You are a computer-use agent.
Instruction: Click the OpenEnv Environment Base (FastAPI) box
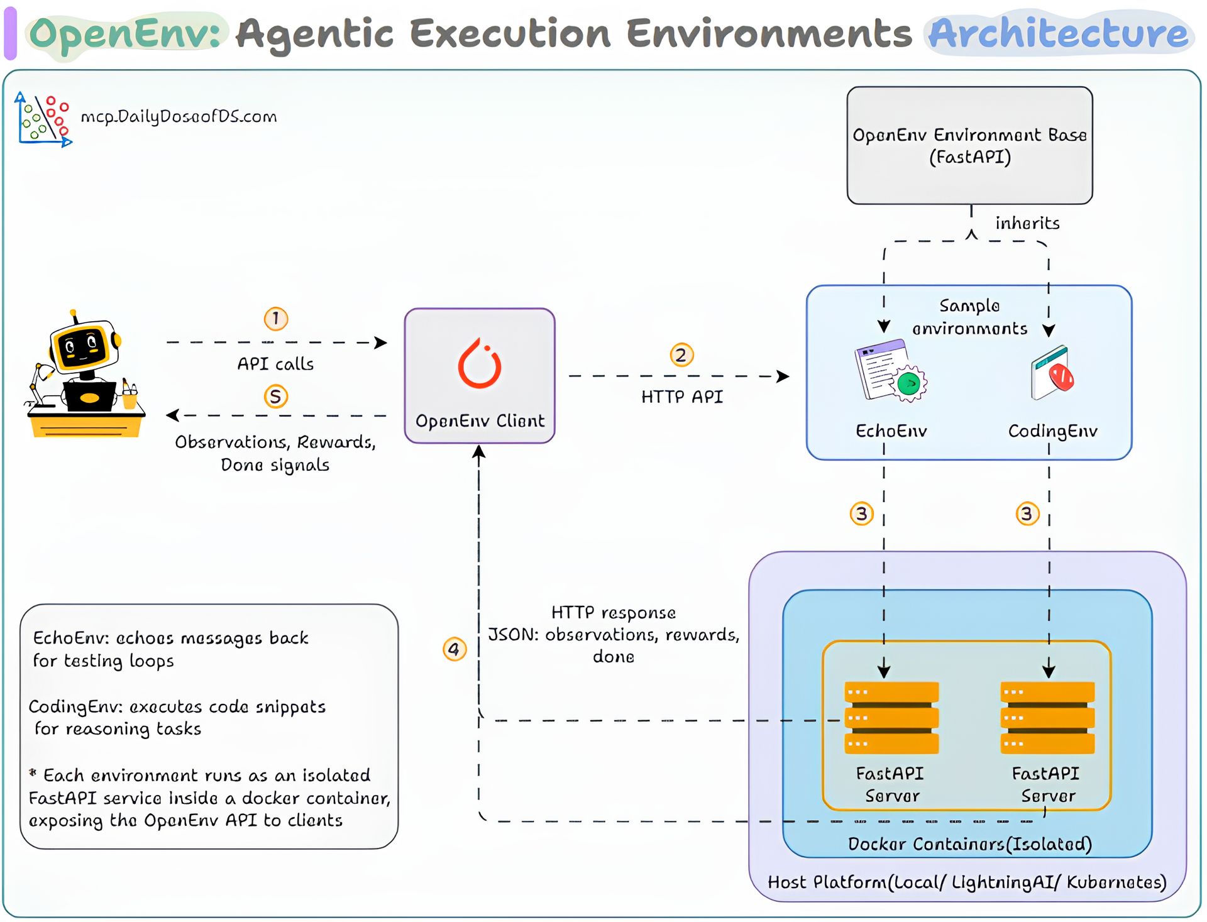pos(969,145)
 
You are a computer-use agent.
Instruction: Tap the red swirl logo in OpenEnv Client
pos(480,364)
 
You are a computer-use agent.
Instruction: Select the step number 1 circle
pos(276,319)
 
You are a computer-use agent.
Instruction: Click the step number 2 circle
pos(681,355)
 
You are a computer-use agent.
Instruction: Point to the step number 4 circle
pos(455,649)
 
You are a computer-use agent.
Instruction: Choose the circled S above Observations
pos(276,397)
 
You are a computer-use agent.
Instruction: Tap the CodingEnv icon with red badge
pos(1052,372)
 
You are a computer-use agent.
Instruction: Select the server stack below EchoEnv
pos(891,717)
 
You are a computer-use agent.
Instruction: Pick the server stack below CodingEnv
pos(1047,717)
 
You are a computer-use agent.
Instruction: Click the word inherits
pos(1027,223)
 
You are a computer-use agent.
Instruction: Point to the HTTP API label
pos(682,397)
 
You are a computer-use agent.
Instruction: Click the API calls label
pos(275,364)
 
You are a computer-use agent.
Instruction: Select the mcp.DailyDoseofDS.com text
pos(179,117)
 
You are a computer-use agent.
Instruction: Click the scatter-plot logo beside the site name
pos(43,119)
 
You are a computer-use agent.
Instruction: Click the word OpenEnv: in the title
pos(125,33)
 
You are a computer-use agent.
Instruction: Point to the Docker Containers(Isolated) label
pos(969,843)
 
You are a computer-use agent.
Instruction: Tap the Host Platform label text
pos(967,882)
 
